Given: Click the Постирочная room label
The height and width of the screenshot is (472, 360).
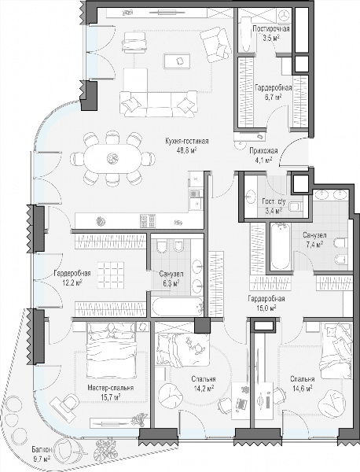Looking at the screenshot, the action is [x=271, y=29].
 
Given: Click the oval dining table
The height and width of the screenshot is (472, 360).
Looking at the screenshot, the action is [x=112, y=158].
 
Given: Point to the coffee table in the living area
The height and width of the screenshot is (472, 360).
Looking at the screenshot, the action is [x=177, y=61].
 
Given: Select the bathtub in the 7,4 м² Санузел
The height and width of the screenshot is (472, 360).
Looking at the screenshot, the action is [x=281, y=246].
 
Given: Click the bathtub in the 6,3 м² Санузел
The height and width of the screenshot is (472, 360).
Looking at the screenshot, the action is [x=178, y=307].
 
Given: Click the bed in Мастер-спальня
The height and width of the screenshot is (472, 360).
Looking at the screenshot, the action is [x=112, y=350].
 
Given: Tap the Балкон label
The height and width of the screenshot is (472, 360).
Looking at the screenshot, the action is [x=42, y=450].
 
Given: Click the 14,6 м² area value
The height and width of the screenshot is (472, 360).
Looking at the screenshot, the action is [x=303, y=389].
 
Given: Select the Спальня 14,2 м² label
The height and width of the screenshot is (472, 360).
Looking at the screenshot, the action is [x=204, y=384].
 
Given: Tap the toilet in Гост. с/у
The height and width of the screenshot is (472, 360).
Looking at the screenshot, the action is [x=296, y=206].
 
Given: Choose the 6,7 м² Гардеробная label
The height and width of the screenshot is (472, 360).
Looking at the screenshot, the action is [x=273, y=92].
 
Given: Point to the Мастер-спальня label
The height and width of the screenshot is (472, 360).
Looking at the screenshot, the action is [x=110, y=388].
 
